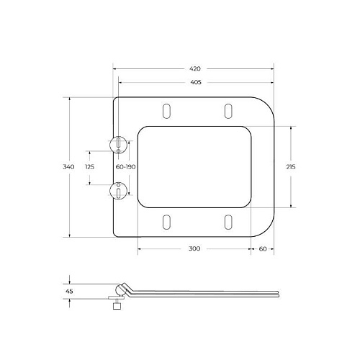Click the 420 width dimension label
[195, 69]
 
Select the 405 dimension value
[196, 82]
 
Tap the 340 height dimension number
[68, 167]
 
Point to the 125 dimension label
[90, 167]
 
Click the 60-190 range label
[126, 167]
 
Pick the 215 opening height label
[291, 167]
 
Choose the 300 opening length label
[194, 248]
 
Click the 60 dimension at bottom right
[263, 249]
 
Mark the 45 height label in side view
[69, 291]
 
